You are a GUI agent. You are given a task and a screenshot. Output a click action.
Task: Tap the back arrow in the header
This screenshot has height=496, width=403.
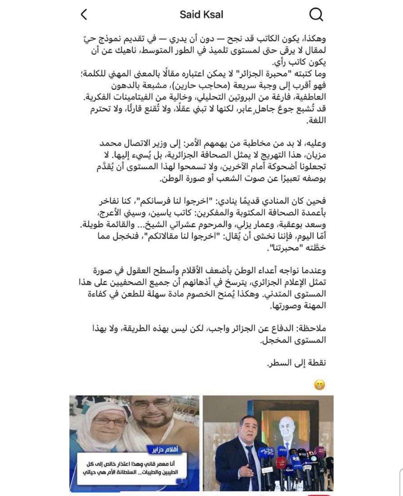point(84,15)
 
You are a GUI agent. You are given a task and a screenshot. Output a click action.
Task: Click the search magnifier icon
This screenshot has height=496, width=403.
point(316,15)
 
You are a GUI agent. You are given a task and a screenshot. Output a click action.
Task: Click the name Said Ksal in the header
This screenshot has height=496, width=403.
point(201,15)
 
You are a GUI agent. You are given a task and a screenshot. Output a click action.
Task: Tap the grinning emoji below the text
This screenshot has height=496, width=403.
point(319,384)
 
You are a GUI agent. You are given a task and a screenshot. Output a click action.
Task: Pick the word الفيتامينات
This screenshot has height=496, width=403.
point(137,97)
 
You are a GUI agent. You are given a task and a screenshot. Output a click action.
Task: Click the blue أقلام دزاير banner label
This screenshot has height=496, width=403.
point(165,450)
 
